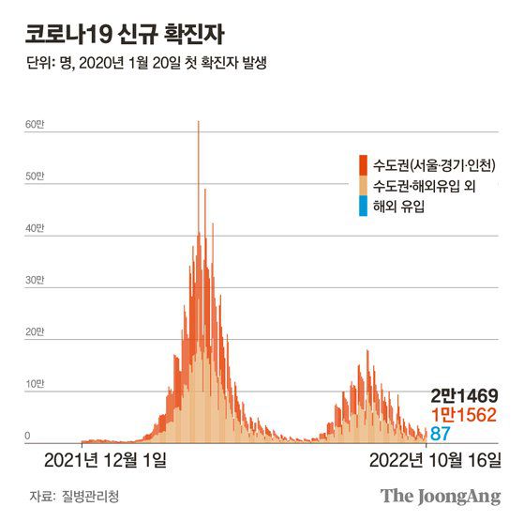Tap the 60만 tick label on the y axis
pyautogui.click(x=34, y=125)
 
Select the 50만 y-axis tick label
pyautogui.click(x=34, y=177)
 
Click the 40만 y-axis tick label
pyautogui.click(x=34, y=229)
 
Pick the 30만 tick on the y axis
pyautogui.click(x=34, y=281)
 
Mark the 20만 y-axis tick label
pyautogui.click(x=34, y=332)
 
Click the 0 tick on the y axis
pyautogui.click(x=28, y=436)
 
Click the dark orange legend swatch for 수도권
pyautogui.click(x=362, y=162)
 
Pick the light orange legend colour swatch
pyautogui.click(x=362, y=184)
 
